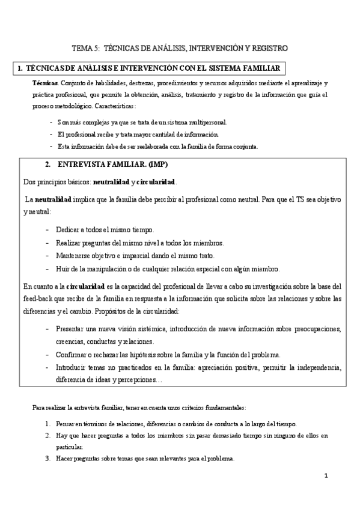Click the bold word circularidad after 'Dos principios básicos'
point(156,182)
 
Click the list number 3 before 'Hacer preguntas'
point(47,459)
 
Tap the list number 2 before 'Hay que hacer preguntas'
point(47,435)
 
